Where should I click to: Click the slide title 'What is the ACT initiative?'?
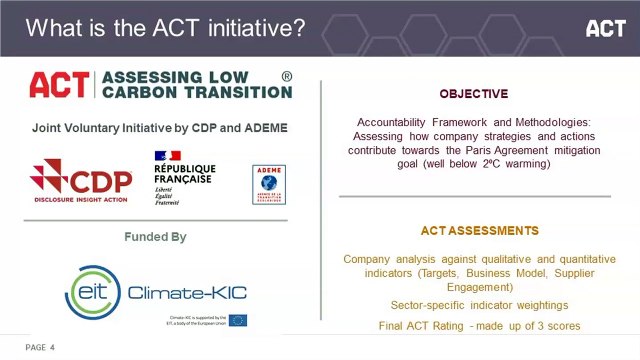click(166, 28)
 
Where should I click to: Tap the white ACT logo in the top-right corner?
click(605, 28)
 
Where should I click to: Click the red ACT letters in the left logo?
click(58, 84)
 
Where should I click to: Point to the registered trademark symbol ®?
click(287, 76)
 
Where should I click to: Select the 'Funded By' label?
click(155, 237)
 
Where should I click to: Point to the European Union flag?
click(238, 320)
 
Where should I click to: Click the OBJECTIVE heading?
click(473, 93)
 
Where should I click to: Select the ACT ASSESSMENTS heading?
click(473, 231)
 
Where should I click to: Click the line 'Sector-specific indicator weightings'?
click(473, 304)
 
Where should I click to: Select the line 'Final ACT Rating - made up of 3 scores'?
click(479, 326)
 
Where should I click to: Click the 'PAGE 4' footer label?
click(40, 347)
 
